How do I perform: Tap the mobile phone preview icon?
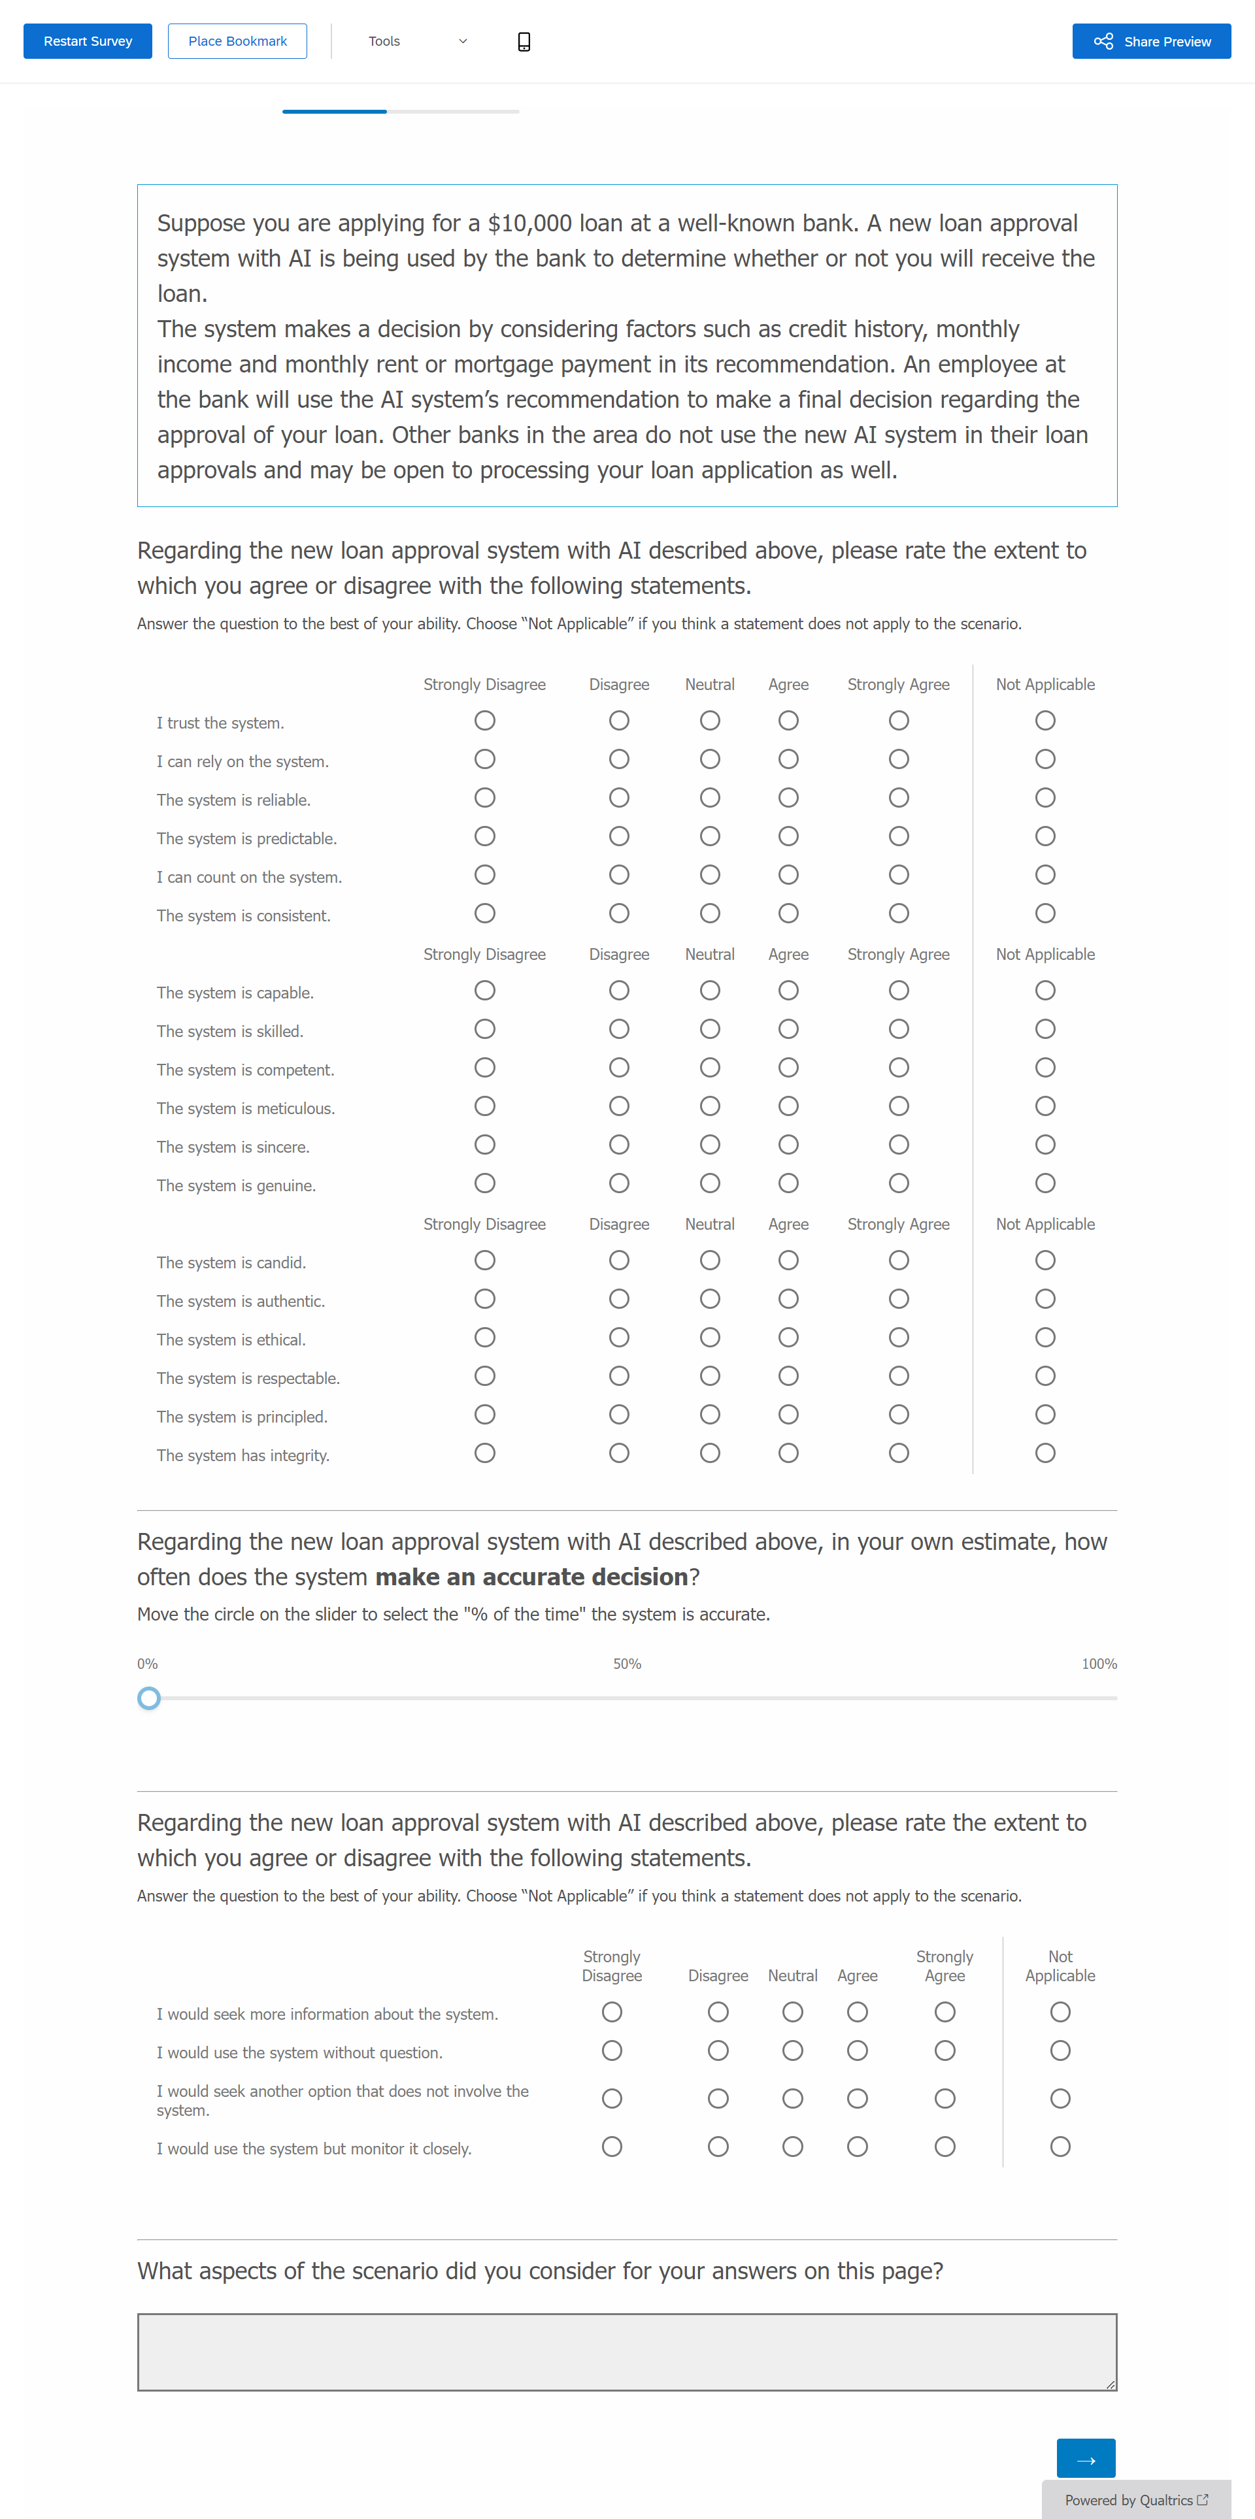coord(524,41)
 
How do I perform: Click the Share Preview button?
coord(1151,41)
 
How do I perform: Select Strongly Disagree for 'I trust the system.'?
coord(484,721)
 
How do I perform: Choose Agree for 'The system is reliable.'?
coord(788,798)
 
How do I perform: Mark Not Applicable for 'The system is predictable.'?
coord(1045,836)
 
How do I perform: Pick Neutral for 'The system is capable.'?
coord(710,991)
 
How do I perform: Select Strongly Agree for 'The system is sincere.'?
coord(899,1145)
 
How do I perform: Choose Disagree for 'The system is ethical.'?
coord(619,1338)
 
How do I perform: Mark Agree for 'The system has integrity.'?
coord(788,1453)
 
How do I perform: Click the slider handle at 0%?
coord(148,1698)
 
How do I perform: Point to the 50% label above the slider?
coord(627,1664)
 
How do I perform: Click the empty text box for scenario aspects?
coord(627,2352)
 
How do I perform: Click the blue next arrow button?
coord(1086,2458)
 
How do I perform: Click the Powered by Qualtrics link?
coord(1135,2499)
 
